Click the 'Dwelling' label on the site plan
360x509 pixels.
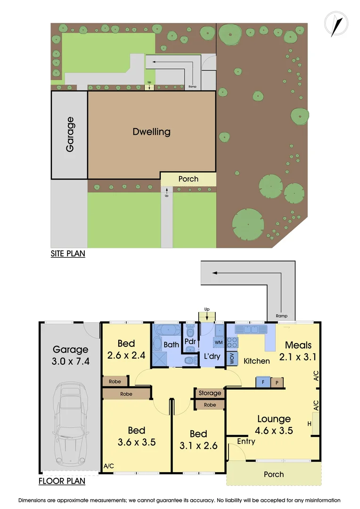point(151,131)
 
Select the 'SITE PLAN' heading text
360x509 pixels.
point(68,254)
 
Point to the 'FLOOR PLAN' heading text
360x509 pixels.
point(61,481)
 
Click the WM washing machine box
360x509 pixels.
point(219,341)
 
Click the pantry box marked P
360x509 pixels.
point(277,382)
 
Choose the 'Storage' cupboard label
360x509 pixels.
point(210,393)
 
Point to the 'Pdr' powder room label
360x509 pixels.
point(190,341)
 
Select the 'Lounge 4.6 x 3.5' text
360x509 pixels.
point(274,424)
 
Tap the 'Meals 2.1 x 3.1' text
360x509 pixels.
point(298,351)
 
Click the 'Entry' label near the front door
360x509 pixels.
point(246,441)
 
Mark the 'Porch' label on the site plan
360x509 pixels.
point(188,179)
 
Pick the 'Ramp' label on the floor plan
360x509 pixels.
point(281,316)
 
